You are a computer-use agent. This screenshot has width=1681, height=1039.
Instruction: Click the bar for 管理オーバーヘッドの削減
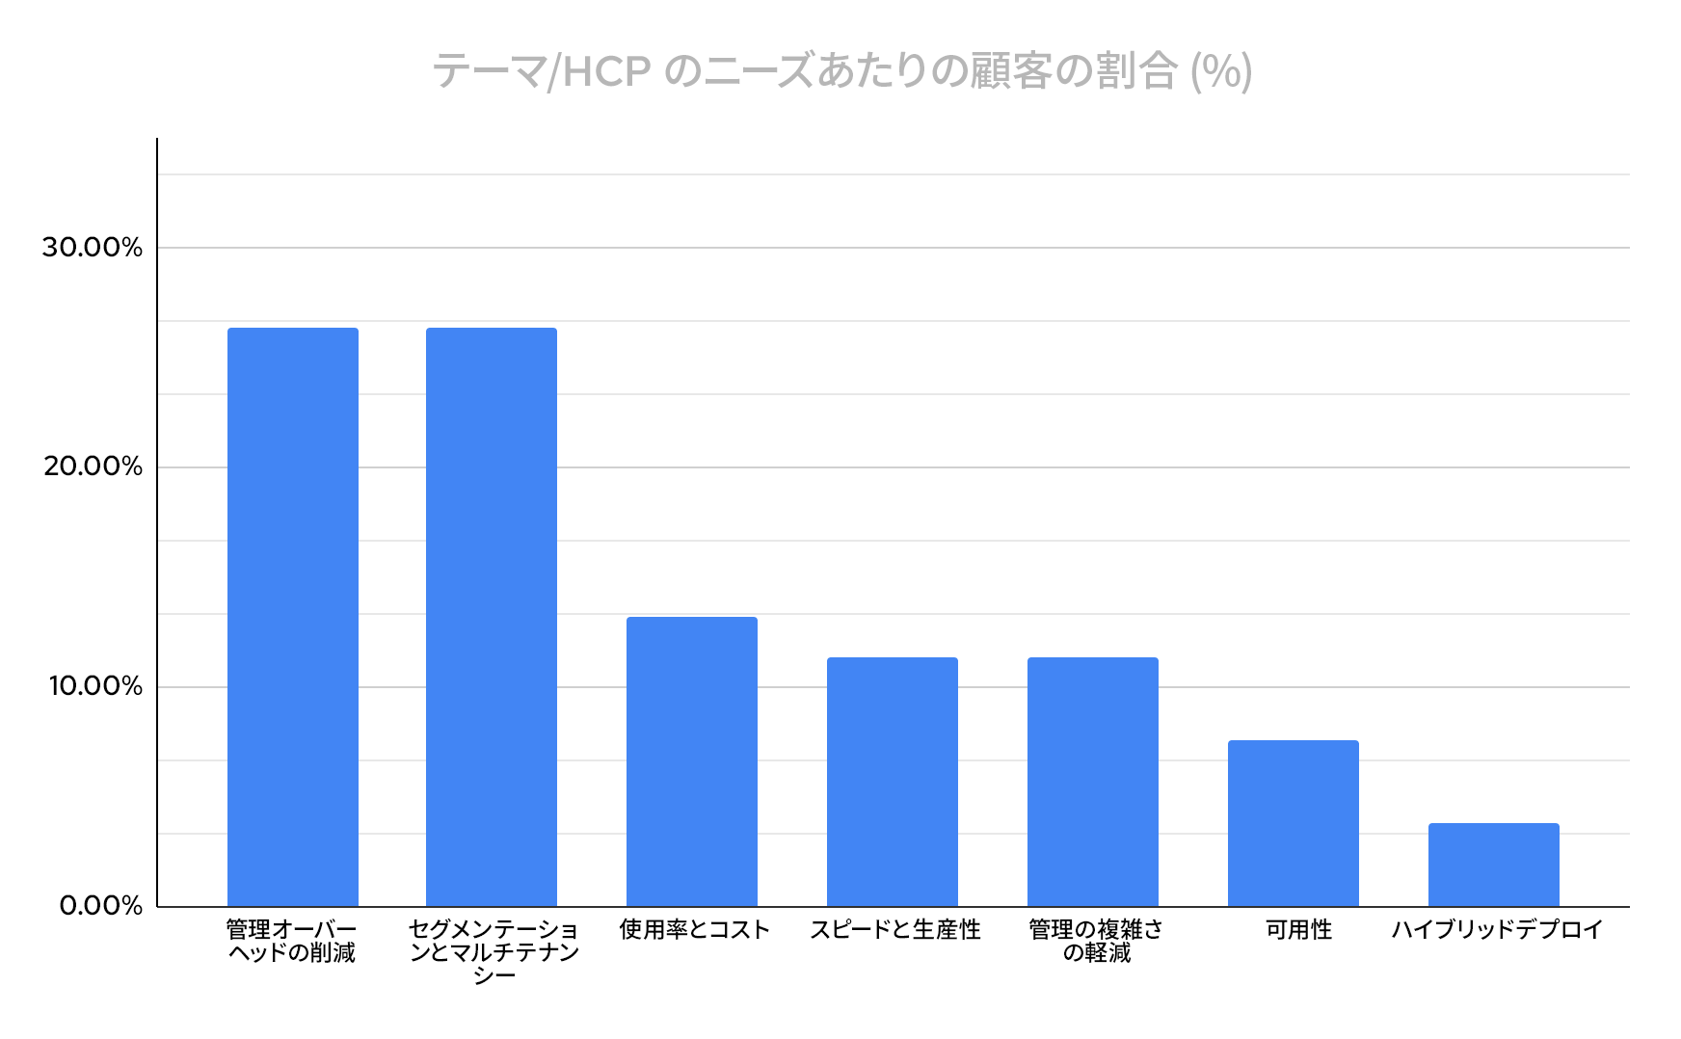[x=292, y=617]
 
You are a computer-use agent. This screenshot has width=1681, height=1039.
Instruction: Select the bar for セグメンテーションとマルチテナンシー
[x=492, y=617]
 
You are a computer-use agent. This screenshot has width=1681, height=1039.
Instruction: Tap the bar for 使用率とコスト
[x=692, y=761]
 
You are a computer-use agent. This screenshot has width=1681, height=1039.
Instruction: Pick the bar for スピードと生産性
[x=893, y=782]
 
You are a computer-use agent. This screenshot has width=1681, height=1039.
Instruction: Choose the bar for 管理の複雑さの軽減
[x=1093, y=782]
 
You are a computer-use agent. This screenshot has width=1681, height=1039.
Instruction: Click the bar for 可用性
[x=1294, y=823]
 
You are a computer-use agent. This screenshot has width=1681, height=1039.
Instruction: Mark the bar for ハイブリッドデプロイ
[x=1494, y=865]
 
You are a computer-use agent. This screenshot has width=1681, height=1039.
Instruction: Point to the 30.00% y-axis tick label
[x=93, y=248]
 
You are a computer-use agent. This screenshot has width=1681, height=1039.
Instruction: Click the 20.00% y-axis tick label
[x=93, y=467]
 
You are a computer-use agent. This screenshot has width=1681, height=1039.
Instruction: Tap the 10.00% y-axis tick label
[x=93, y=687]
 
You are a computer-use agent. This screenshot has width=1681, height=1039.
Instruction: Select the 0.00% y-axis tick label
[x=100, y=907]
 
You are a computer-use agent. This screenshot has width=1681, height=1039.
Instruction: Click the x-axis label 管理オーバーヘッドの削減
[x=291, y=942]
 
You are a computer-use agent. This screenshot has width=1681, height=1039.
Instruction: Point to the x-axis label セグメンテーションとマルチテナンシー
[x=494, y=952]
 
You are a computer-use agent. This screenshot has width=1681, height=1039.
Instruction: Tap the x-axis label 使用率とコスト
[x=694, y=930]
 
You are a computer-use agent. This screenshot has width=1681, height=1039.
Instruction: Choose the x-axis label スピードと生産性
[x=894, y=930]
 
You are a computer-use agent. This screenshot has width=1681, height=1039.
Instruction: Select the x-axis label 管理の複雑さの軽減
[x=1096, y=942]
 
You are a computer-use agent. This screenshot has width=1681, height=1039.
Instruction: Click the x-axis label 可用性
[x=1298, y=930]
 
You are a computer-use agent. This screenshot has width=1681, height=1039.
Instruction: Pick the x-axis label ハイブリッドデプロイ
[x=1497, y=930]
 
